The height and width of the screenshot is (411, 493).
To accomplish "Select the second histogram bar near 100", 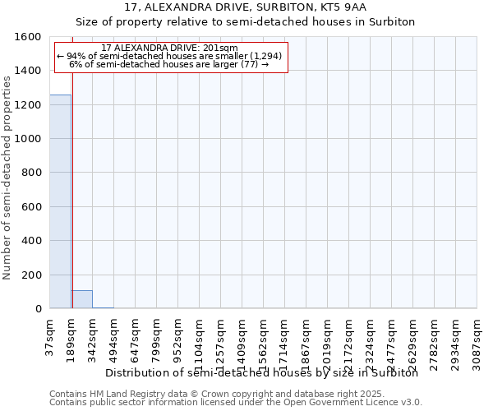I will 81,299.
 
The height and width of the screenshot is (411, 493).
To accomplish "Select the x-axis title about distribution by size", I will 262,372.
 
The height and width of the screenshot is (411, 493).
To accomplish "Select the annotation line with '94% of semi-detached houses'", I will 169,56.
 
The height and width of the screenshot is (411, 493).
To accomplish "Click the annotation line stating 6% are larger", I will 169,64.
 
